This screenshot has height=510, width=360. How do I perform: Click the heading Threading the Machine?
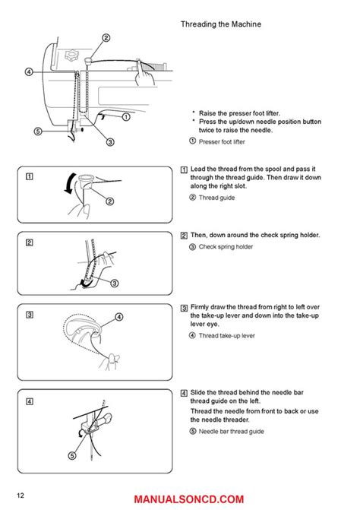click(x=221, y=24)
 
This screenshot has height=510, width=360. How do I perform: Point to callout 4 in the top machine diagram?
click(x=28, y=72)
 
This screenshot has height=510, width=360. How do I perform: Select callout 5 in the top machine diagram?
click(x=17, y=130)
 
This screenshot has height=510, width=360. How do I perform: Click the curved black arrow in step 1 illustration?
click(x=71, y=185)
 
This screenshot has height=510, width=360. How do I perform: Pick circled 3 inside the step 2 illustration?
click(x=115, y=284)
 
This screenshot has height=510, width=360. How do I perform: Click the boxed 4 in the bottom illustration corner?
click(x=28, y=400)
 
